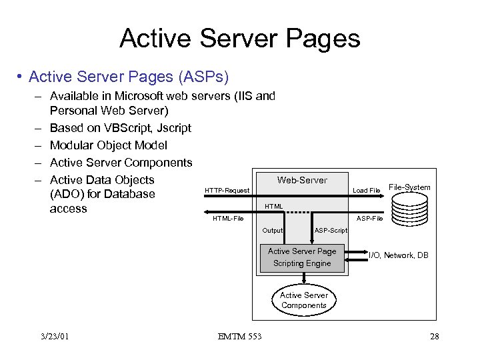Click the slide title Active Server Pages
pyautogui.click(x=239, y=38)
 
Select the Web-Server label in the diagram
pyautogui.click(x=302, y=180)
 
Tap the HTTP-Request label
pyautogui.click(x=227, y=191)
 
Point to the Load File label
pyautogui.click(x=366, y=191)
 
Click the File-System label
pyautogui.click(x=409, y=187)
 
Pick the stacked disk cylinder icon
pyautogui.click(x=409, y=209)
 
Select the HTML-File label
pyautogui.click(x=228, y=219)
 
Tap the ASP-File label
pyautogui.click(x=369, y=219)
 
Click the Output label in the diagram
pyautogui.click(x=273, y=231)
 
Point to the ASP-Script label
pyautogui.click(x=331, y=231)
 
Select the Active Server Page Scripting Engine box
pyautogui.click(x=302, y=257)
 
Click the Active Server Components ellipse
pyautogui.click(x=303, y=300)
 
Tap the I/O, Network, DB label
pyautogui.click(x=399, y=256)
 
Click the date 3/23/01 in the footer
pyautogui.click(x=54, y=336)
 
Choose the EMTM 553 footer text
pyautogui.click(x=239, y=336)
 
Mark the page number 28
pyautogui.click(x=434, y=336)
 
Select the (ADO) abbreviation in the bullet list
pyautogui.click(x=66, y=194)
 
